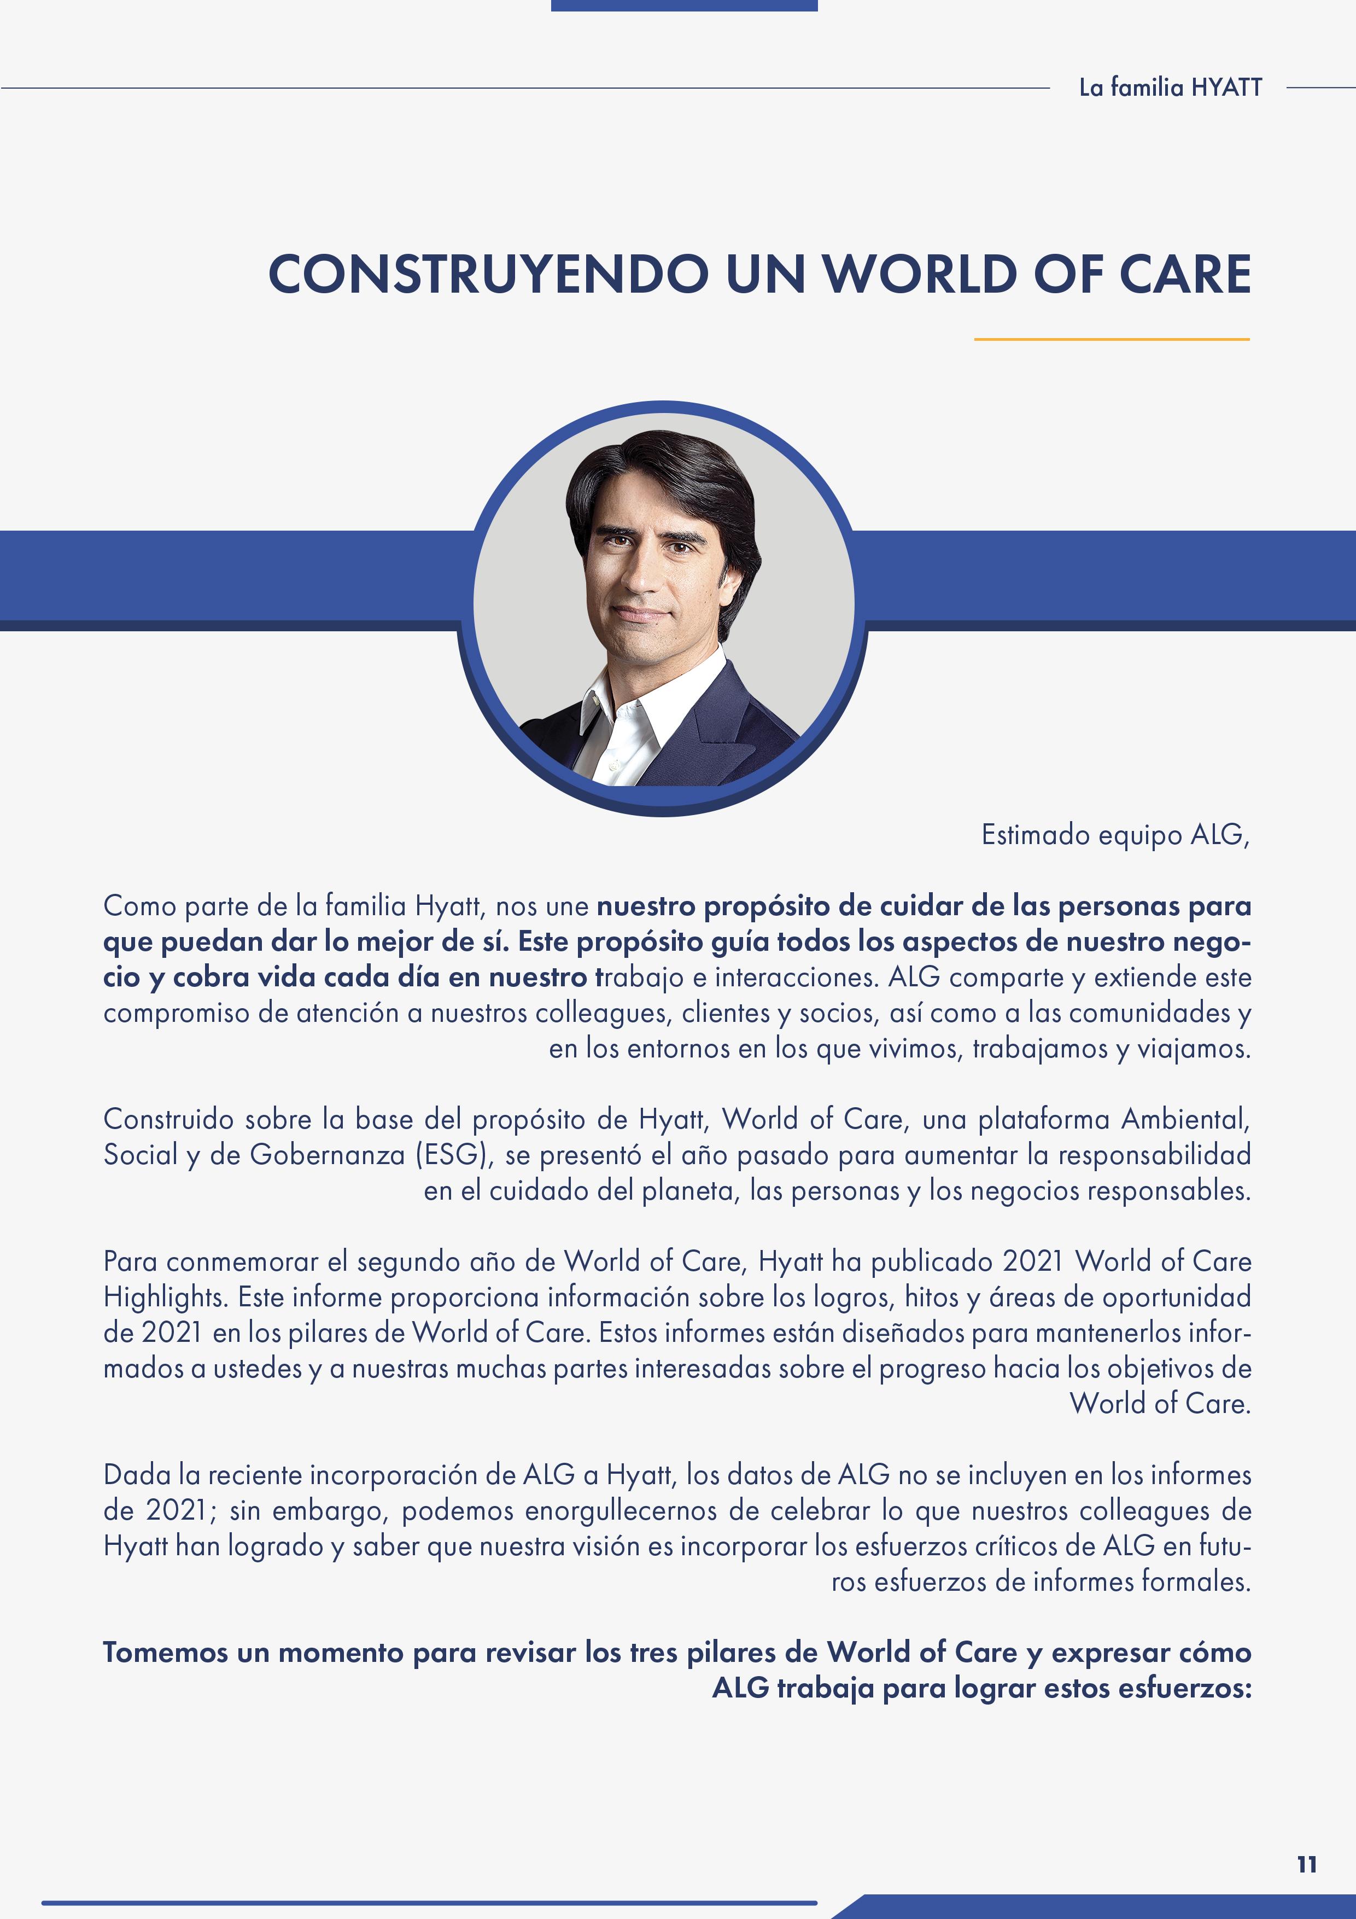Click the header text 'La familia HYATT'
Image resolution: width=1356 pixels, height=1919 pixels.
[1170, 88]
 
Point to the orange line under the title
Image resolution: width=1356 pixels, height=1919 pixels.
[1111, 339]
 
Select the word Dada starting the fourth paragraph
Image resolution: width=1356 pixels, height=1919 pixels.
[133, 1474]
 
